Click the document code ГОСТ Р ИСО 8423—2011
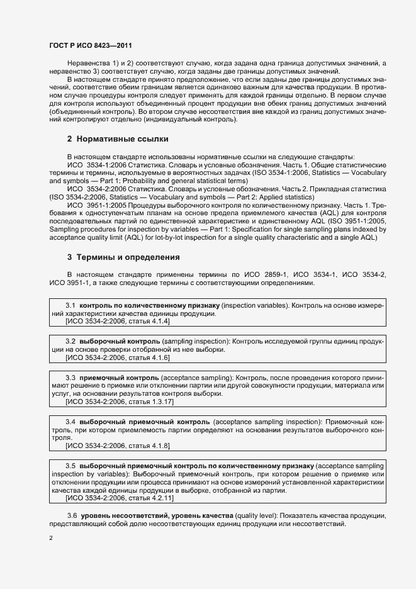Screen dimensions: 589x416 [x=89, y=46]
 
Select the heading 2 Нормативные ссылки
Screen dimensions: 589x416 [x=118, y=138]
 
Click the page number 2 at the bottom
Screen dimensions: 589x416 [x=51, y=538]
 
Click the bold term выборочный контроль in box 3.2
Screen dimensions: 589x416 [x=119, y=341]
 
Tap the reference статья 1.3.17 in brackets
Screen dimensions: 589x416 [x=150, y=401]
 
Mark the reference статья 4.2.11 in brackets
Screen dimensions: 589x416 [x=150, y=498]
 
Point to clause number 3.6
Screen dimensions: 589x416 [x=72, y=516]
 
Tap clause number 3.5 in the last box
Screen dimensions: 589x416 [x=71, y=465]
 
